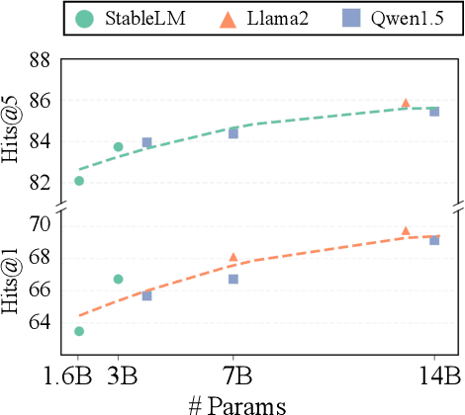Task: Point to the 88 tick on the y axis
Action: [x=40, y=60]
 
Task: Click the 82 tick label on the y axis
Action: [x=40, y=182]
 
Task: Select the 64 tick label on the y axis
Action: [x=40, y=321]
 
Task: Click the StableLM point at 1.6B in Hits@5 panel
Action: [x=78, y=181]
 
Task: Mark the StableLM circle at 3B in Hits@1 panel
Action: [x=118, y=279]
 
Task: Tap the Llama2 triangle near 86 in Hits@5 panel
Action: [x=406, y=103]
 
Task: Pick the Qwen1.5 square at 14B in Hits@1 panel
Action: [x=433, y=240]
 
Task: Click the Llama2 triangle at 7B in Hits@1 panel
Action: [x=233, y=257]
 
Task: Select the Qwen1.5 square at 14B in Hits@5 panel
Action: [x=433, y=112]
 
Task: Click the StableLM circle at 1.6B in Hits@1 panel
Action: [x=78, y=331]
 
